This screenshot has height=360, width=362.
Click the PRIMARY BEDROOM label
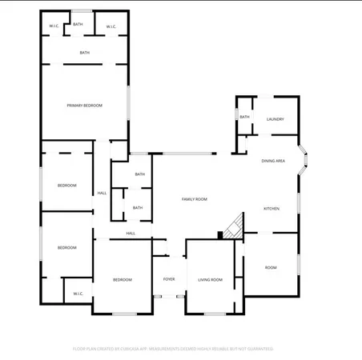point(84,106)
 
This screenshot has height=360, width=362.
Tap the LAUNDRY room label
point(276,118)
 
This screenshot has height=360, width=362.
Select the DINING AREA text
point(274,161)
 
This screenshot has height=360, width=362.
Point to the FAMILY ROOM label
point(195,198)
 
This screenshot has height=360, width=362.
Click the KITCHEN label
point(272,209)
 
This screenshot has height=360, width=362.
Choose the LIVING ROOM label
point(211,279)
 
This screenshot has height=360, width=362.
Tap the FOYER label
point(169,279)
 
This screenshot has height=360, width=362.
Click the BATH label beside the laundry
point(244,118)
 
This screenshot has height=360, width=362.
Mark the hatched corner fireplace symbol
point(233,227)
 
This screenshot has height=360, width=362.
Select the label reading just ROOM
point(271,267)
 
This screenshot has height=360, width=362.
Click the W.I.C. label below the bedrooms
point(78,294)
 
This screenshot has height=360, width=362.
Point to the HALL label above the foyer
point(131,234)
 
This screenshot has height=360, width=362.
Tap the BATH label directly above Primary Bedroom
point(84,53)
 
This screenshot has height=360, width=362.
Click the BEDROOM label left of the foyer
point(122,279)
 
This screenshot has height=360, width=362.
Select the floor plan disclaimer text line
point(174,349)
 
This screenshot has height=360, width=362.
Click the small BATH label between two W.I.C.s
point(78,25)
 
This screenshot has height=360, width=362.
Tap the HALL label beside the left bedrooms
point(102,193)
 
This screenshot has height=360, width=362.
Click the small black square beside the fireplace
point(220,234)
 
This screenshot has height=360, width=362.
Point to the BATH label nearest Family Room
point(138,208)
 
